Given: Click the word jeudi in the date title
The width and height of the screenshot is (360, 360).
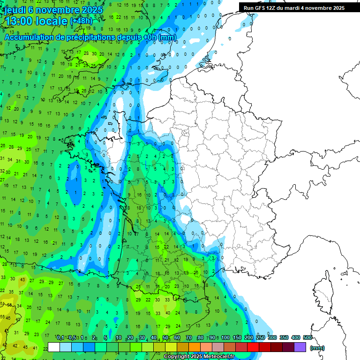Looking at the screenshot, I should coord(16,9).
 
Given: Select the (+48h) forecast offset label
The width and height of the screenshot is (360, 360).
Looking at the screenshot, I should coord(81,21).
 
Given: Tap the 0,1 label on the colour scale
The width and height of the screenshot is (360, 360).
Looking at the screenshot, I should coord(60,338).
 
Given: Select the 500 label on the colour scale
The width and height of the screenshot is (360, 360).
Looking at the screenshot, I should coord(307,338).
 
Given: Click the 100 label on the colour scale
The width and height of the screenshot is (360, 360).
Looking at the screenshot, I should coord(225,338).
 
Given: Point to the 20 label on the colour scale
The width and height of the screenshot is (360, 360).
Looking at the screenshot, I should coord(130,338).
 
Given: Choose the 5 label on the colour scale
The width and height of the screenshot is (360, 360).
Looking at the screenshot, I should coord(106,338).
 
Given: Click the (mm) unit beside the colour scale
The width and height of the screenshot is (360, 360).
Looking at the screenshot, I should coord(317,348).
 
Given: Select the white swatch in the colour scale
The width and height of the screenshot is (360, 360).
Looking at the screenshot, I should coord(54,347).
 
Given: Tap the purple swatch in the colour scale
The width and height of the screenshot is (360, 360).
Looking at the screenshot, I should coord(300,347).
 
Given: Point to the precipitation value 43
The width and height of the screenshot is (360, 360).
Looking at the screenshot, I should coord(22,280).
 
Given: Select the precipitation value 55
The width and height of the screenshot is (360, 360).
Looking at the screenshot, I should coord(3,317).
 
